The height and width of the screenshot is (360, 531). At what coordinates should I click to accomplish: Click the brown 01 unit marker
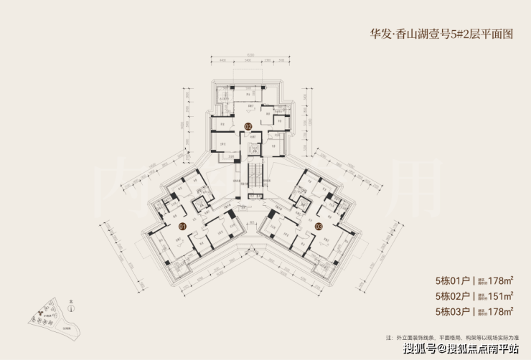click(182, 226)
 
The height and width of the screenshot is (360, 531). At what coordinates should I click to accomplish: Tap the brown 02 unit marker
click(248, 127)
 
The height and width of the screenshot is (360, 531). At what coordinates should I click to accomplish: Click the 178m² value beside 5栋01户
click(496, 280)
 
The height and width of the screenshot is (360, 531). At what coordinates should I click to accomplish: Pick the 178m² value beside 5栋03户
click(496, 311)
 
